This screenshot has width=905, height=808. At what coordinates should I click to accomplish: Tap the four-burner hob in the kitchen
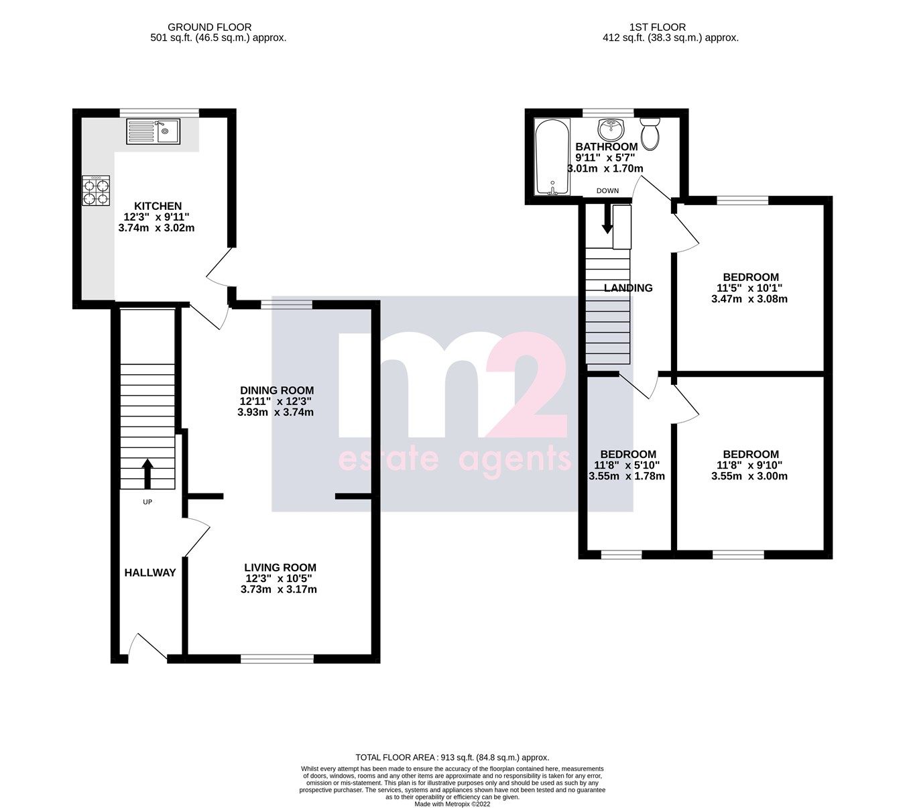click(96, 190)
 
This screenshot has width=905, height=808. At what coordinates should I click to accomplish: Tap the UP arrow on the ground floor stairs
click(147, 473)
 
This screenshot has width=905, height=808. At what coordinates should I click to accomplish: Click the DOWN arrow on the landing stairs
click(607, 219)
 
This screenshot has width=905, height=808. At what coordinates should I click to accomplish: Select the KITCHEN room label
click(158, 206)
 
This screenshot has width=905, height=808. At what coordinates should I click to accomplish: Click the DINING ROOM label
click(277, 390)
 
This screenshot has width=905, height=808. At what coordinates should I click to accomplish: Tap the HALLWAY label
click(150, 573)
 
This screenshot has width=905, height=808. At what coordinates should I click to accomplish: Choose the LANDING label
click(628, 288)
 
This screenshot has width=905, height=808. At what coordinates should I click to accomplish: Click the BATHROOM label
click(607, 147)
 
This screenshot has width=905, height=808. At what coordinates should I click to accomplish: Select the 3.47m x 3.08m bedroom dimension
click(749, 299)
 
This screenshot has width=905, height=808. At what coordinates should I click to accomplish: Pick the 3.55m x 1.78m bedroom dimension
click(627, 477)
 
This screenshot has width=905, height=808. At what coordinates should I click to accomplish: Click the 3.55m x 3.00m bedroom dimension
click(749, 477)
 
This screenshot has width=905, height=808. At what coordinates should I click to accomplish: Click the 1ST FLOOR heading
click(657, 27)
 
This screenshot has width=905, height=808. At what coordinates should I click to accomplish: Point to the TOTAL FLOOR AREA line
click(452, 757)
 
